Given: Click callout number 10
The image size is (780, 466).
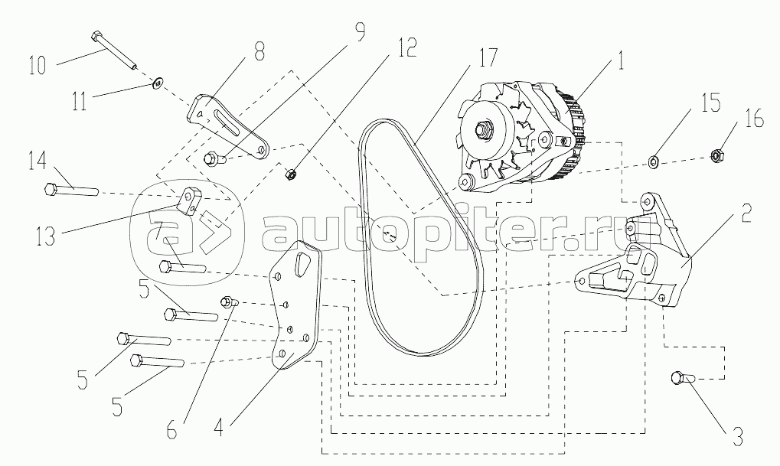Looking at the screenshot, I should (x=38, y=65).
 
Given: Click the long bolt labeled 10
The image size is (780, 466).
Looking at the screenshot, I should (x=114, y=50).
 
